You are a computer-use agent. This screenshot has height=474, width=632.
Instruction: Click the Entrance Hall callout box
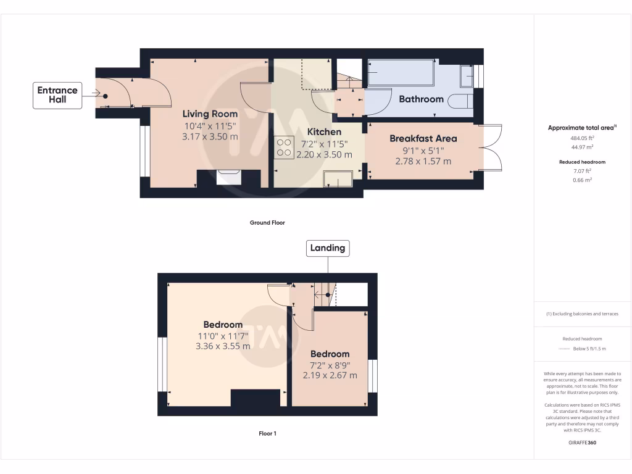(57, 95)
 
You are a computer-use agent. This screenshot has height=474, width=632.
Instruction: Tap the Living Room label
(210, 114)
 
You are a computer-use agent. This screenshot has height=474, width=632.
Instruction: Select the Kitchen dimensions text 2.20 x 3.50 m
(324, 155)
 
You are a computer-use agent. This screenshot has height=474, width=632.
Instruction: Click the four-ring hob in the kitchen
(285, 147)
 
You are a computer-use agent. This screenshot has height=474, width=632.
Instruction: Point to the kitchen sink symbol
(338, 178)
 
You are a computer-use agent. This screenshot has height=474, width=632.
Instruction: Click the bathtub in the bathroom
(401, 73)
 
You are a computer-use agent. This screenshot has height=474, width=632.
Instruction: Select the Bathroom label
(421, 99)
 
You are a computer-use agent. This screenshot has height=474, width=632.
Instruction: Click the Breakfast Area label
(423, 138)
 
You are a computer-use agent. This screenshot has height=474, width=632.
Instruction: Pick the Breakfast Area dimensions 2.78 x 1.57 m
(423, 161)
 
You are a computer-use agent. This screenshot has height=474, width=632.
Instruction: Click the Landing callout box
(327, 248)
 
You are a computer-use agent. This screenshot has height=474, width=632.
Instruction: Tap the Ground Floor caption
(267, 223)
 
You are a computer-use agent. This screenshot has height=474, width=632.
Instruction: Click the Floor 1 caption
(267, 434)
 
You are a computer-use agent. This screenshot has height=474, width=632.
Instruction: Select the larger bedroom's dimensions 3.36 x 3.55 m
(223, 346)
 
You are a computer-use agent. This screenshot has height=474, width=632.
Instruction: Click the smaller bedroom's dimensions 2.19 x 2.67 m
(330, 375)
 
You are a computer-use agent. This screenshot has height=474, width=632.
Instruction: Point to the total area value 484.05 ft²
(583, 139)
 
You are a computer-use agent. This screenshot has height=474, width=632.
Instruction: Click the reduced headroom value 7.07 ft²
(583, 172)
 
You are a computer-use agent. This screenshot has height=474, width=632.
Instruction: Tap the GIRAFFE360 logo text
(583, 443)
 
